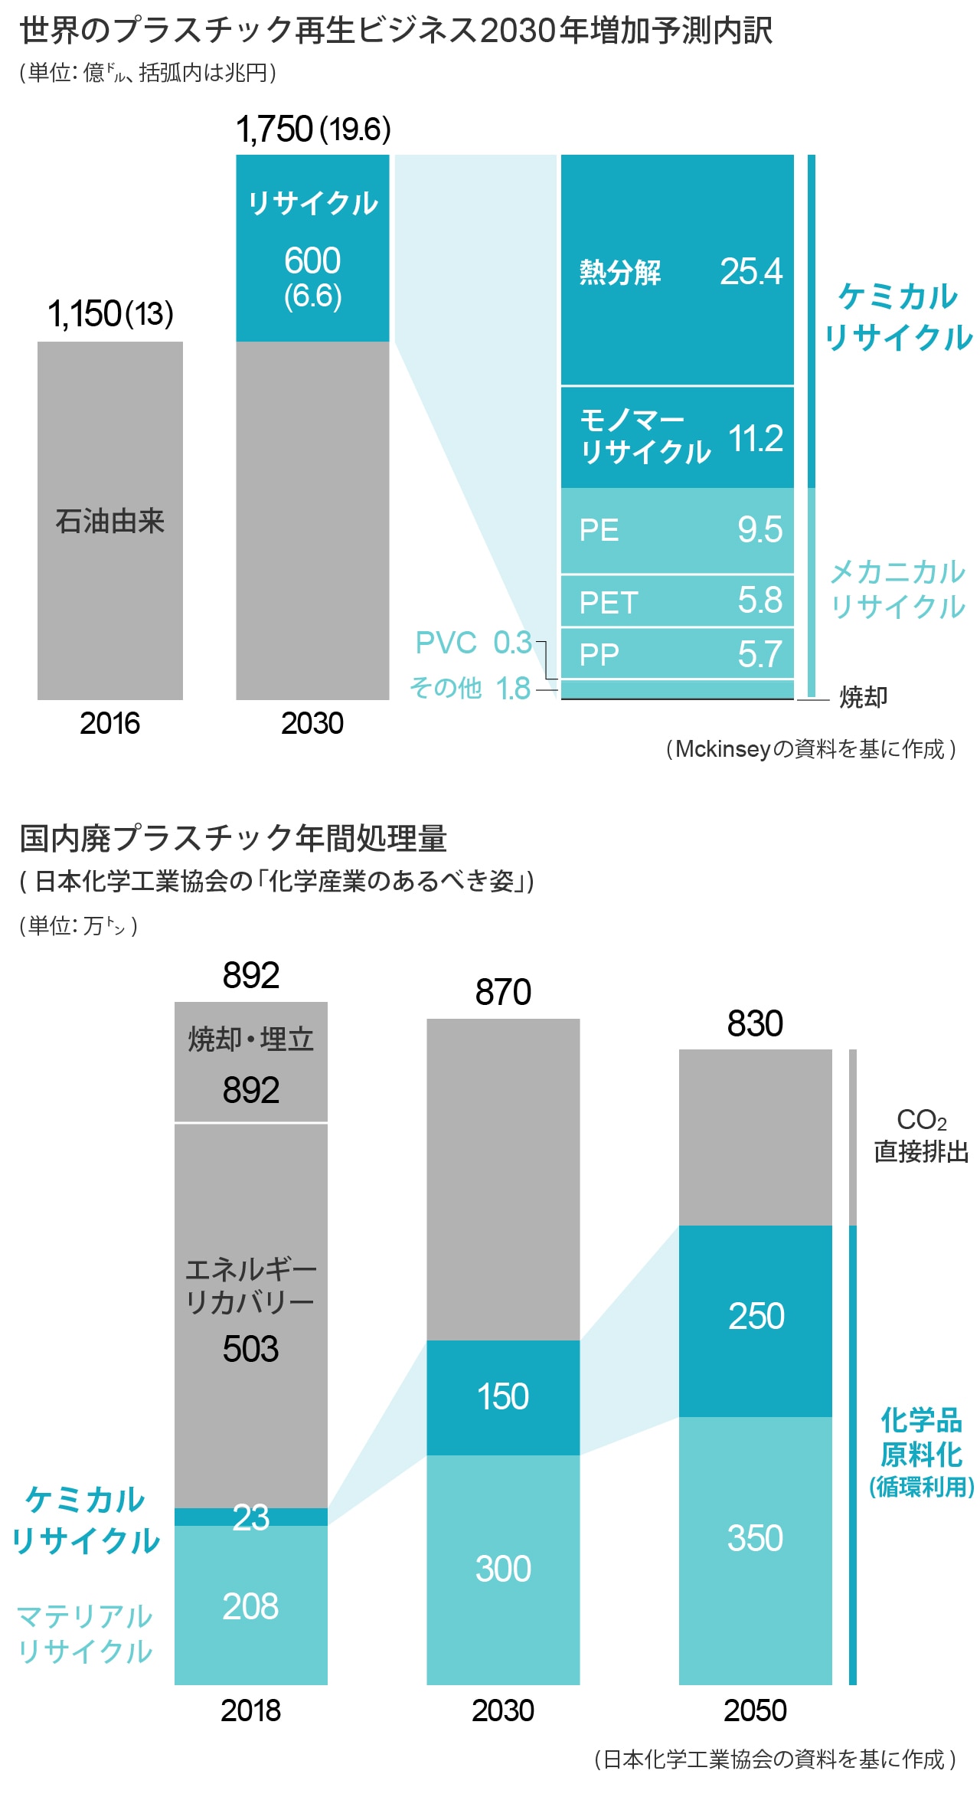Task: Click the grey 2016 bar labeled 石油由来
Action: click(109, 521)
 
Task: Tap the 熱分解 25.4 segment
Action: click(677, 271)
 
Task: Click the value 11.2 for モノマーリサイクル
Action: click(755, 438)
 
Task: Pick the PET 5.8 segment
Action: click(677, 601)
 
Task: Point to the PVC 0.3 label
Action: click(472, 643)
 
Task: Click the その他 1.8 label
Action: click(469, 688)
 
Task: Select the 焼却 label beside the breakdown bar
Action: click(863, 697)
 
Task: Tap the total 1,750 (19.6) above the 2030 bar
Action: click(313, 129)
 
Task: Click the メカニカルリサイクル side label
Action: click(897, 589)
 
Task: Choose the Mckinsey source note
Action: click(810, 748)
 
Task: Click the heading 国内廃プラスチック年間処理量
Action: click(233, 838)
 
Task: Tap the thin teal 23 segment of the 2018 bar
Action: click(251, 1517)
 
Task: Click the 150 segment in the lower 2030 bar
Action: click(503, 1397)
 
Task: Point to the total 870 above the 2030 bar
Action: click(503, 992)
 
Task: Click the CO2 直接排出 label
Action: click(921, 1135)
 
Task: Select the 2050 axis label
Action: click(755, 1710)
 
